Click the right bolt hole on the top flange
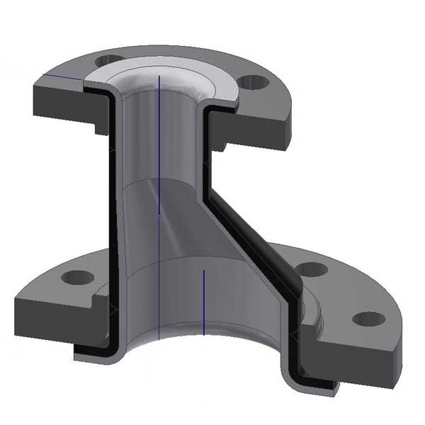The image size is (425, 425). tap(253, 82)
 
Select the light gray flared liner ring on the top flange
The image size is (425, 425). tap(212, 81)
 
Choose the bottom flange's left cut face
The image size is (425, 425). tap(53, 312)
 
